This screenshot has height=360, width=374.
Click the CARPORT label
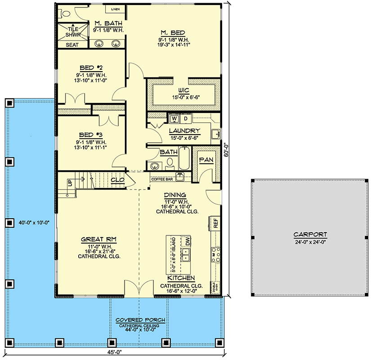[x=310, y=234]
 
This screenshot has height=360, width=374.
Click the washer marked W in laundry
[x=174, y=119]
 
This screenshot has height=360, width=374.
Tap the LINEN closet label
[x=115, y=9]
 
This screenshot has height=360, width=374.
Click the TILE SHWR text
[x=73, y=31]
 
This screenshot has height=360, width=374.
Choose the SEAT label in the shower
[x=72, y=45]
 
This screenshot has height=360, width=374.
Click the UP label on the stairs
[x=69, y=183]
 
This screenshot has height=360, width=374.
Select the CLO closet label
[x=117, y=180]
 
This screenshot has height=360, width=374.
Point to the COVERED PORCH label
[x=140, y=320]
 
